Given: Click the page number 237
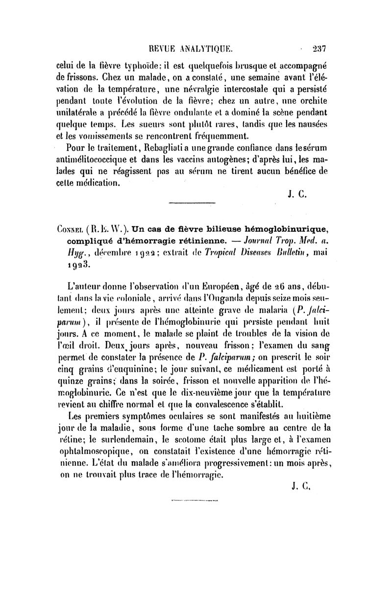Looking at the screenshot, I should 318,48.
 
